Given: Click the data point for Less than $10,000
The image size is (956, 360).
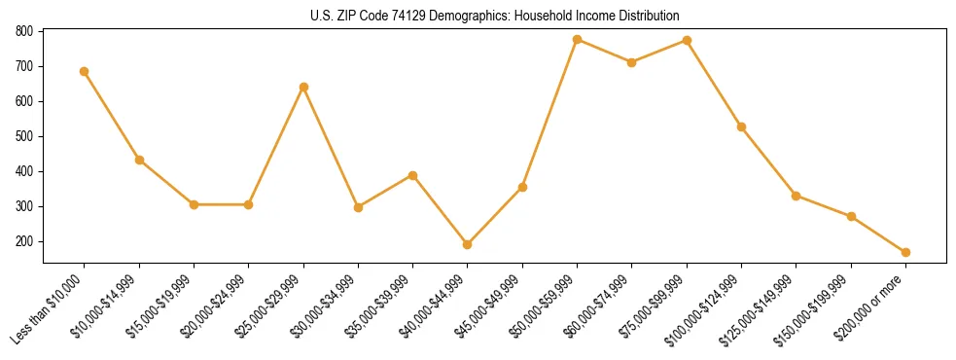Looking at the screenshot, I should [x=85, y=71].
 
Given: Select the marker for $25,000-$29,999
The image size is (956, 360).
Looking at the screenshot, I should [x=303, y=87].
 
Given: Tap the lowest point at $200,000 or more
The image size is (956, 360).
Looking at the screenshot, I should [x=905, y=252].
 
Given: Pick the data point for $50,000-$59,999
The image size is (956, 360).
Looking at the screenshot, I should [x=577, y=40].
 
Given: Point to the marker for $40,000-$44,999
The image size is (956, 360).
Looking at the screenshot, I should [x=468, y=244].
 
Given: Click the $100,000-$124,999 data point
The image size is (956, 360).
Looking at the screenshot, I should [x=741, y=126].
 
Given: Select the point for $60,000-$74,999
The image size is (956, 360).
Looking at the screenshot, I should [x=632, y=62].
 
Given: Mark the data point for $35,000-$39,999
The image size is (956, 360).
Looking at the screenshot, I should [x=412, y=175].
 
